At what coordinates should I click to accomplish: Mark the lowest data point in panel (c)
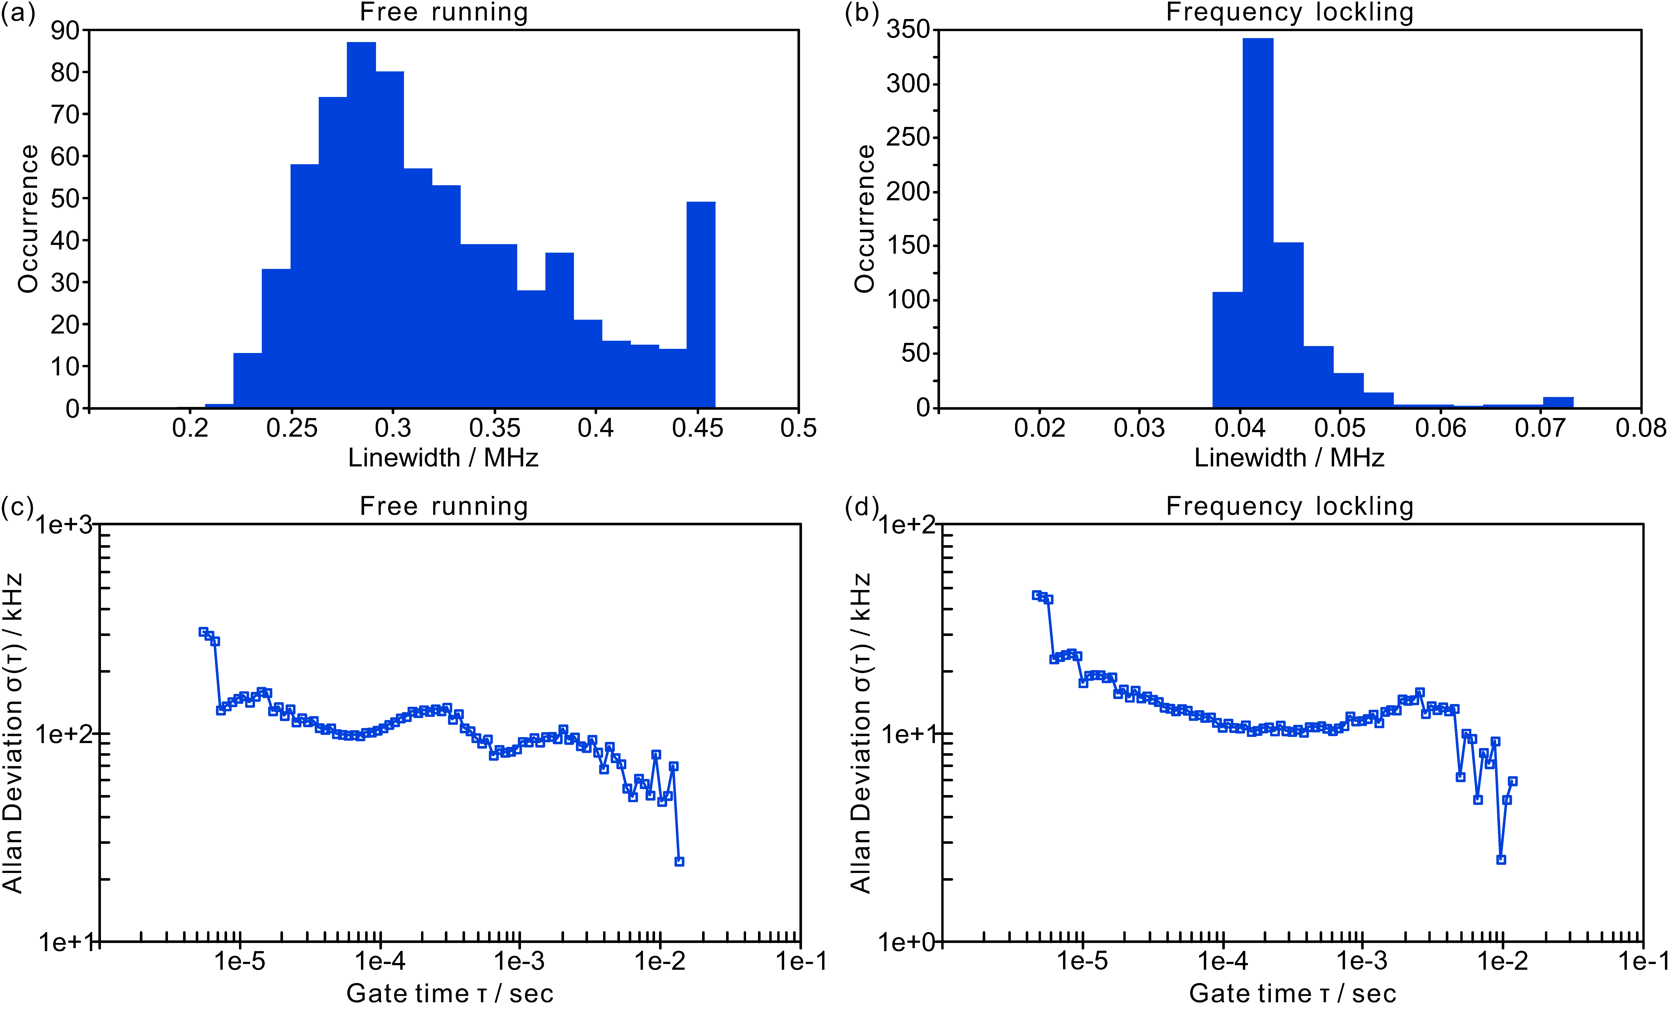[x=679, y=862]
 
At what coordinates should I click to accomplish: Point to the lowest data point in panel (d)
[x=1501, y=860]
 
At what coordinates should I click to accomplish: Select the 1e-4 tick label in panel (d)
[x=1223, y=961]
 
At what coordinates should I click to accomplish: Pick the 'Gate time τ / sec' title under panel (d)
[x=1292, y=994]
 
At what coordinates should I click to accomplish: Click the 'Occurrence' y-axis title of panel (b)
[x=865, y=219]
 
